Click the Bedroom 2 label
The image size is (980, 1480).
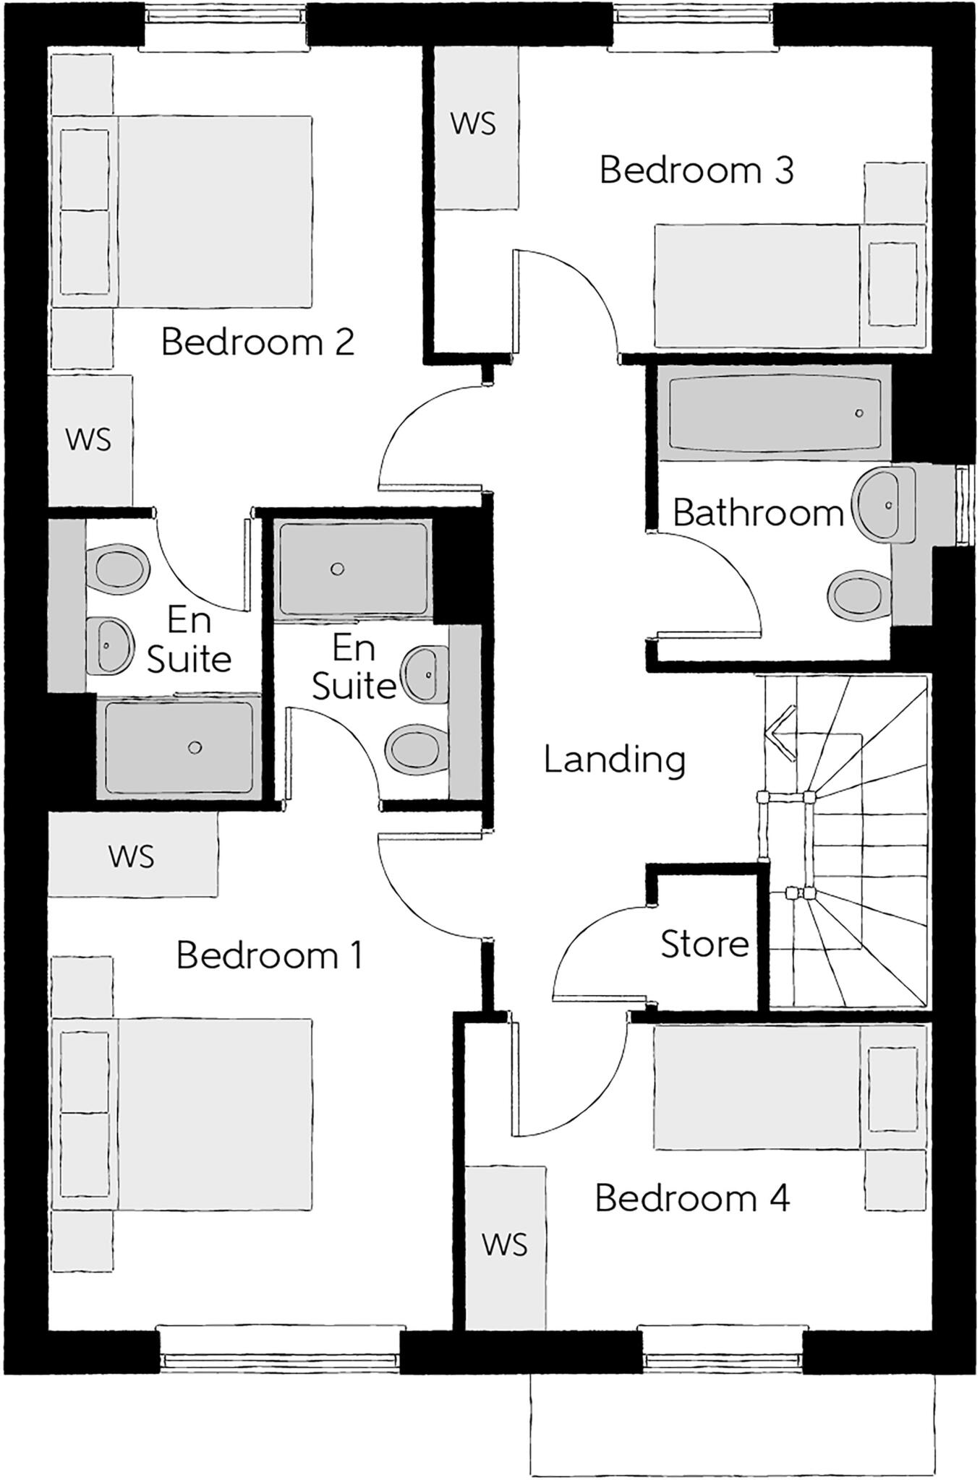click(x=257, y=342)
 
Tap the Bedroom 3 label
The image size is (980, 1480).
click(x=696, y=171)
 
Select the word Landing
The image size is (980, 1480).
click(x=614, y=760)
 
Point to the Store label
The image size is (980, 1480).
click(x=704, y=944)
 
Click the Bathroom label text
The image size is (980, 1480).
click(x=758, y=513)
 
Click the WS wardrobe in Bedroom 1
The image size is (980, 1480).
click(x=132, y=856)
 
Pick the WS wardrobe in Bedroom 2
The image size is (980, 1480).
click(x=89, y=439)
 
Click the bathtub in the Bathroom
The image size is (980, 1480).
click(x=775, y=413)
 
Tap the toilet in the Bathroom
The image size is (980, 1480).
click(x=856, y=596)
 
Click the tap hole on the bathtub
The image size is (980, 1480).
click(x=858, y=413)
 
